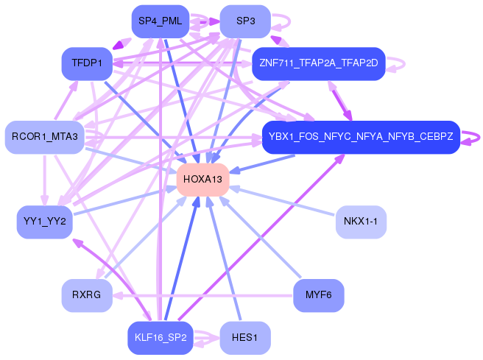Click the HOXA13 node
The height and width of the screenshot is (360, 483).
click(202, 180)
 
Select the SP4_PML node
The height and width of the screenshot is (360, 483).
click(160, 21)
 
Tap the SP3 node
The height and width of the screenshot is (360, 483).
click(245, 21)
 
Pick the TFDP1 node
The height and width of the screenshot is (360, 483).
click(86, 63)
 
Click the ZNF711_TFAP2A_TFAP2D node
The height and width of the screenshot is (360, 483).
click(318, 63)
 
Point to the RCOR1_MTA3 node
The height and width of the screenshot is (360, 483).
click(44, 137)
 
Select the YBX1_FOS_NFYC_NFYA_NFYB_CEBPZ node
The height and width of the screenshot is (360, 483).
click(361, 137)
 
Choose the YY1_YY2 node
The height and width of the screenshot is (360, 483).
click(44, 222)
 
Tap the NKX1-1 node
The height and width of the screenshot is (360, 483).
click(361, 222)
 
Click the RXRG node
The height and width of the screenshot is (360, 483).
click(86, 295)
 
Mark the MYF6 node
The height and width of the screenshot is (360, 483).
click(318, 295)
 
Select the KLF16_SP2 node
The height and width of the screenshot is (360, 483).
click(160, 338)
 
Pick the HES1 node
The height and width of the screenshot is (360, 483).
click(245, 338)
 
